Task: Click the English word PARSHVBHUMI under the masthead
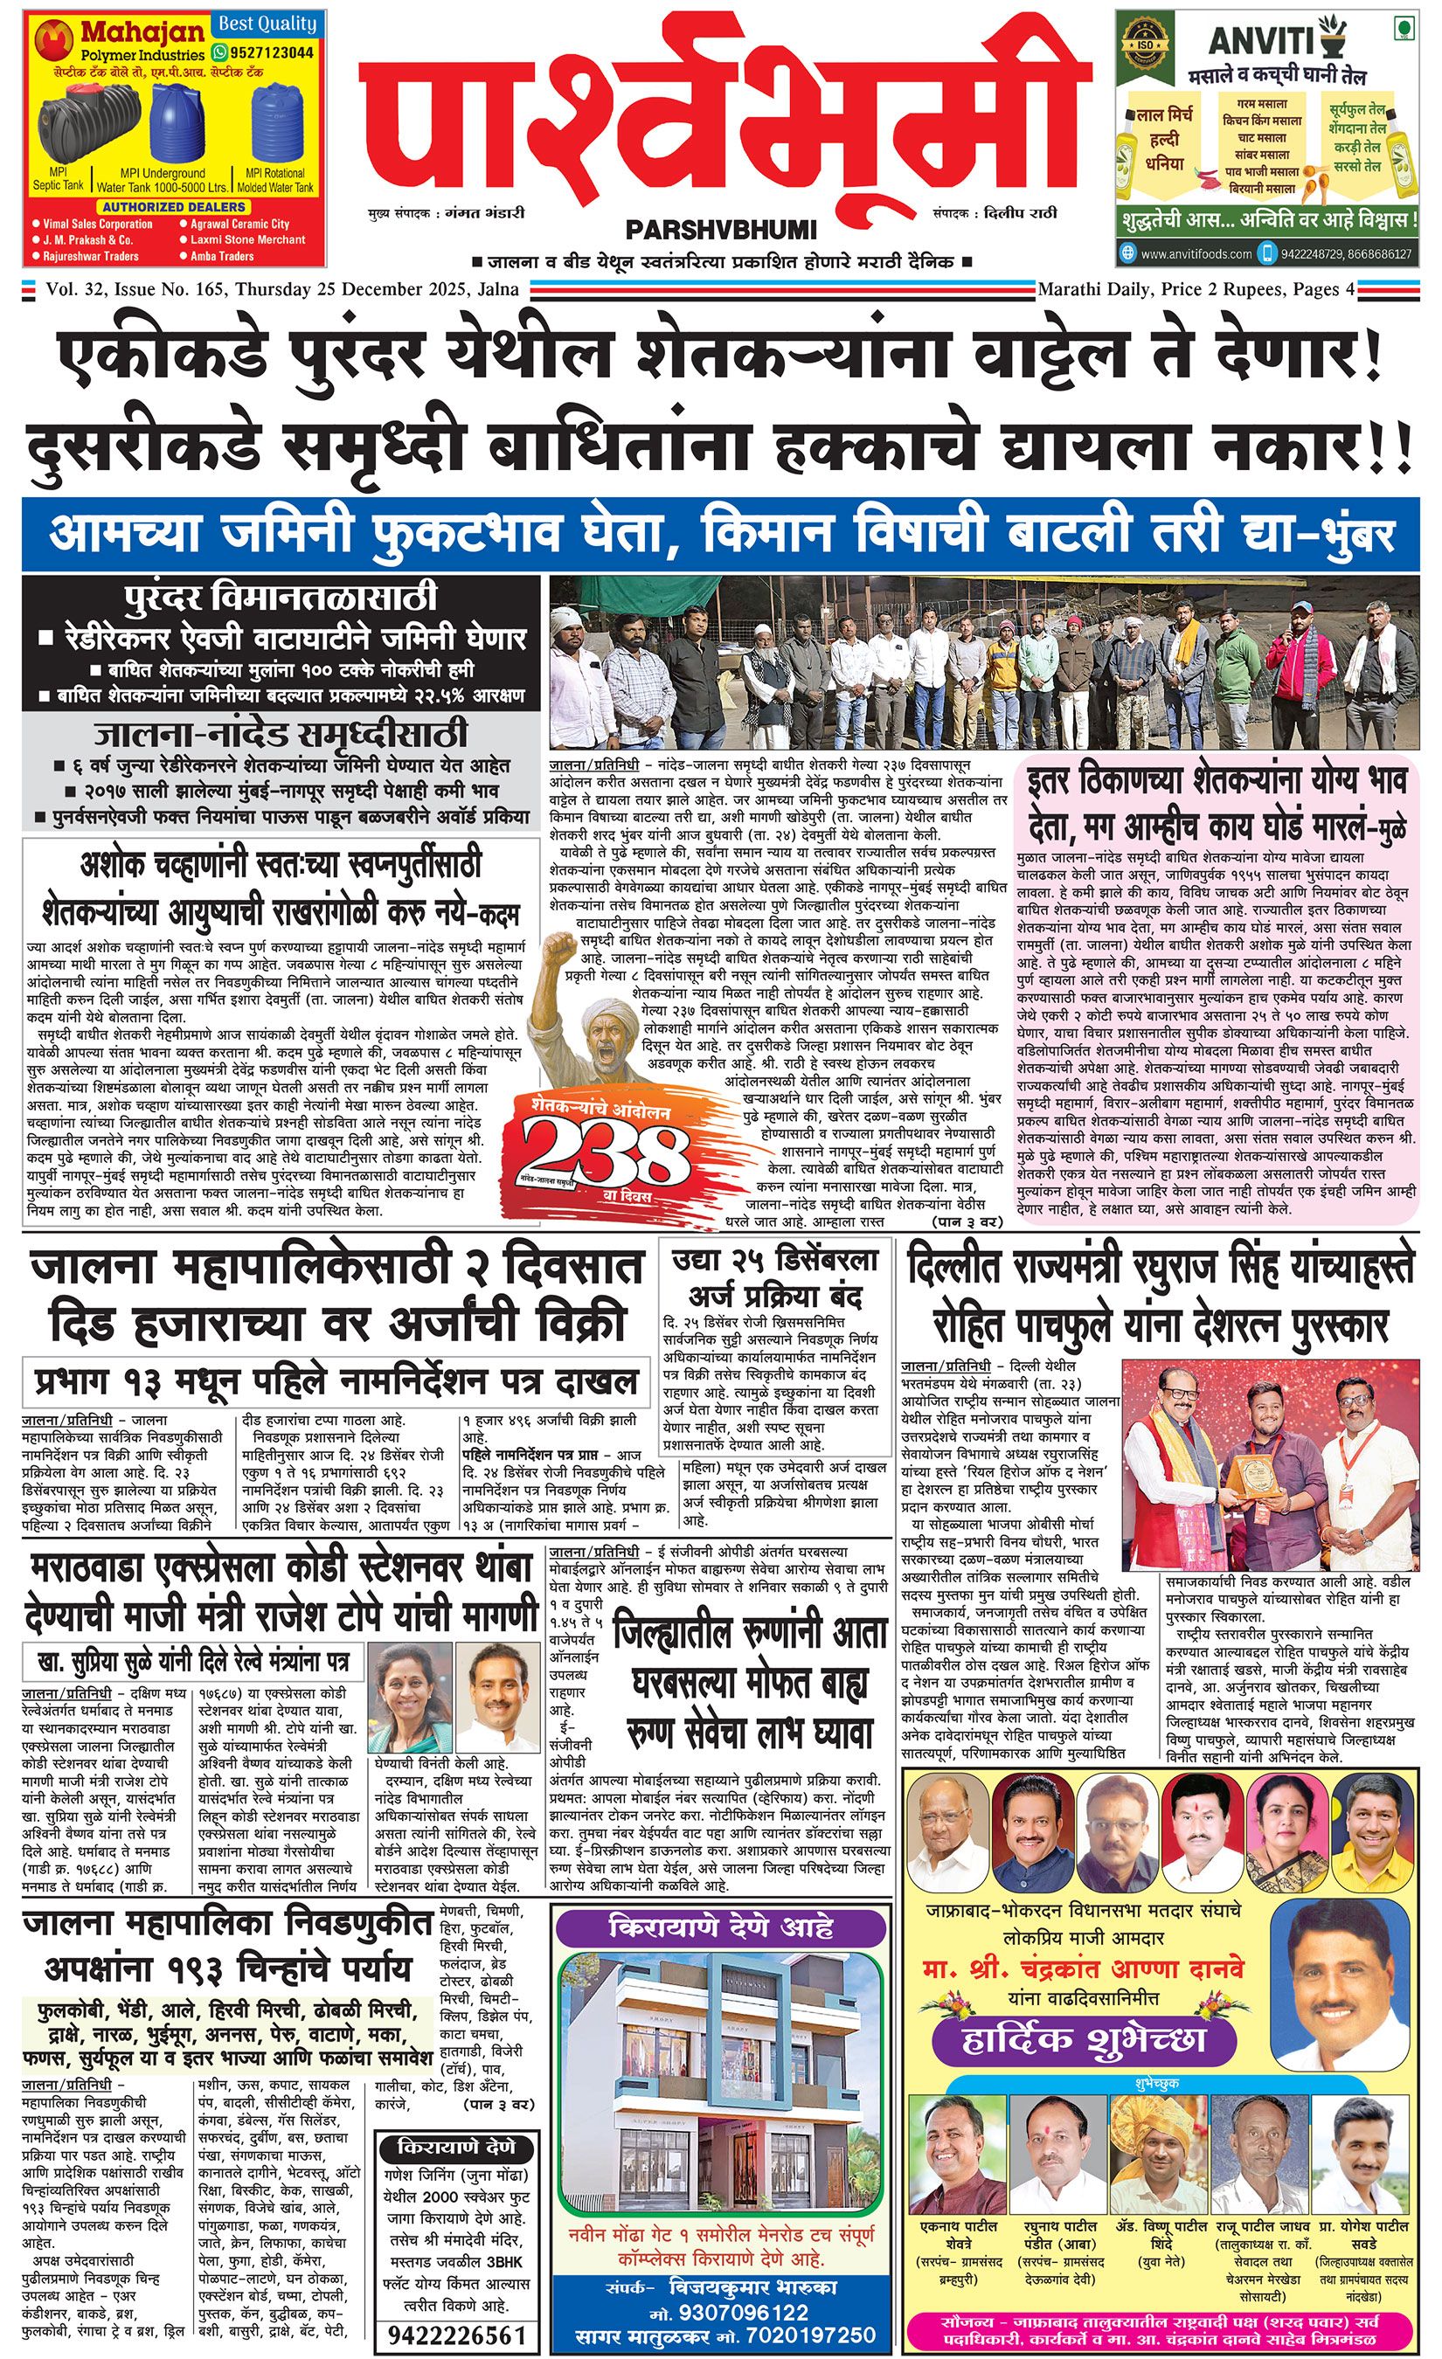[720, 230]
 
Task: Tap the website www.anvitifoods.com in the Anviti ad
[1196, 253]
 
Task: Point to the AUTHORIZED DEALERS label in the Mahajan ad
[174, 207]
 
